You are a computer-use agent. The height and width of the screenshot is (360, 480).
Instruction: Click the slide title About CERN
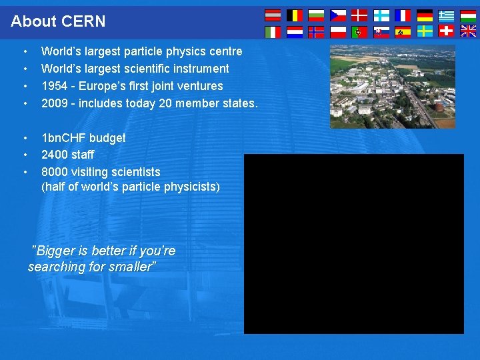pos(58,21)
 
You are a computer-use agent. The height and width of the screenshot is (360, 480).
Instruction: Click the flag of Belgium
pos(294,15)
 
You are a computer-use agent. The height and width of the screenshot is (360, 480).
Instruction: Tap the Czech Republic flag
pos(338,15)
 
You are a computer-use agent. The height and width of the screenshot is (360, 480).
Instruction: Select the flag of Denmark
pos(359,15)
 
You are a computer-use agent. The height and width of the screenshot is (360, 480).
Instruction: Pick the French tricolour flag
pos(403,15)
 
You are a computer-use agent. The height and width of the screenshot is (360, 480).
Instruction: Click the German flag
pos(425,15)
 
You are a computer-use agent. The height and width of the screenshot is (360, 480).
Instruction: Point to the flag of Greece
pos(446,15)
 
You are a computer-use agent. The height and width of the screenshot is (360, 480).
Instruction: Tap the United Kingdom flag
pos(468,31)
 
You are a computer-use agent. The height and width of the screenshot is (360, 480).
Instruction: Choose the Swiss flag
pos(446,31)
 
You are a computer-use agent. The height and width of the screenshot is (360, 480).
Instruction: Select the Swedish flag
pos(425,31)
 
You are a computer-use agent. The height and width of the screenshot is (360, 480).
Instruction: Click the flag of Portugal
pos(359,31)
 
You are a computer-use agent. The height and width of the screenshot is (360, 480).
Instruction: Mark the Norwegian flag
pos(316,31)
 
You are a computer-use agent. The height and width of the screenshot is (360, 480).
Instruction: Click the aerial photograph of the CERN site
pos(393,87)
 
